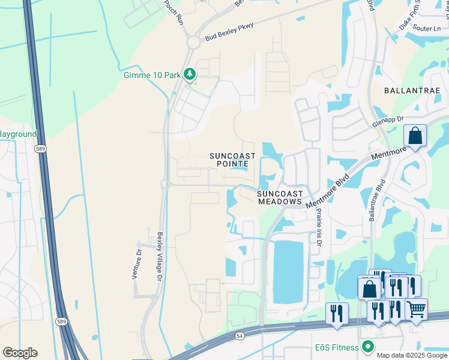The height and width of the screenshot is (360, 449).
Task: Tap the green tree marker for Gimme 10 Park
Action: (x=190, y=74)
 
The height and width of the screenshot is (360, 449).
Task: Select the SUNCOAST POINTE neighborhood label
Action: (x=232, y=160)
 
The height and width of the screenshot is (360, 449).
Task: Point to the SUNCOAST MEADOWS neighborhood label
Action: (x=280, y=197)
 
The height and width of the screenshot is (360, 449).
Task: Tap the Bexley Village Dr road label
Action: (x=160, y=257)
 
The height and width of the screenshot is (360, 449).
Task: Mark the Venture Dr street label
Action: (x=135, y=265)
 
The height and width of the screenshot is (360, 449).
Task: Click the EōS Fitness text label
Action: (x=338, y=347)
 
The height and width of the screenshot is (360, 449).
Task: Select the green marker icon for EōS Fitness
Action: (x=368, y=347)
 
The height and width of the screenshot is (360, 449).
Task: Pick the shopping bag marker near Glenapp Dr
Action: (x=415, y=136)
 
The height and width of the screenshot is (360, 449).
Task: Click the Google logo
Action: (x=20, y=353)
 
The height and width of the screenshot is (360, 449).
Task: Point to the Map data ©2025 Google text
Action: (x=412, y=355)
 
